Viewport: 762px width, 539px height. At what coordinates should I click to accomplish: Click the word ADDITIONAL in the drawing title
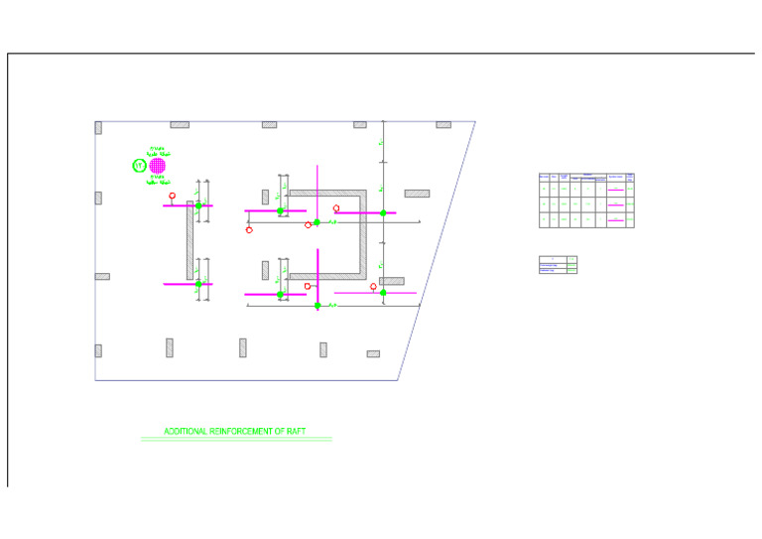click(186, 432)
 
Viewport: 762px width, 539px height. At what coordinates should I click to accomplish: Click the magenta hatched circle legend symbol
click(157, 166)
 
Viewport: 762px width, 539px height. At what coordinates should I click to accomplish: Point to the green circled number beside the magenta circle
click(139, 166)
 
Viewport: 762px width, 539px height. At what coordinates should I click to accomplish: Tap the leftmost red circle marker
click(173, 197)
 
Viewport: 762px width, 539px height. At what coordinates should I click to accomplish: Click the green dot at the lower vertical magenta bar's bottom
click(317, 306)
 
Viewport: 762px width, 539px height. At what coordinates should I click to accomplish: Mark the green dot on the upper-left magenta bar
click(198, 205)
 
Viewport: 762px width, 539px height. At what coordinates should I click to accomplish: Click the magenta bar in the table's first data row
click(615, 188)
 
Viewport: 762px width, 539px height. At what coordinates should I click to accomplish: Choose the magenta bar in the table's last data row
click(615, 219)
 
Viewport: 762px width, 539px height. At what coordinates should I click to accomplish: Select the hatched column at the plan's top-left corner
click(98, 127)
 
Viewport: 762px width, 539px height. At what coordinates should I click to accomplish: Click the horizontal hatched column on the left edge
click(102, 277)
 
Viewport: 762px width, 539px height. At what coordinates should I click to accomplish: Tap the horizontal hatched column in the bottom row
click(373, 353)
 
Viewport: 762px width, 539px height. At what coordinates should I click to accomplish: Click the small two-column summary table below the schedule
click(558, 265)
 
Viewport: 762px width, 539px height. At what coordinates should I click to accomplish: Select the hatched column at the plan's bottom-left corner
click(98, 350)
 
